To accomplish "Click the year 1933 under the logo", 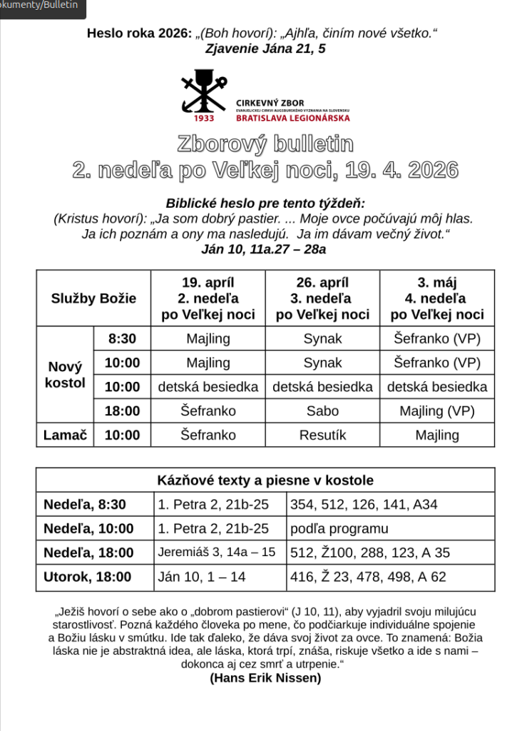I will click(x=203, y=119).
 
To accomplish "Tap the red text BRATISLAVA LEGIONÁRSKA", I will click(x=292, y=118).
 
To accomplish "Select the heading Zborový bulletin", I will click(x=265, y=143).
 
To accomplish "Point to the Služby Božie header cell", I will click(x=93, y=298).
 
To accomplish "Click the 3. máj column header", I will click(x=437, y=298).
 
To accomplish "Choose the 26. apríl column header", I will click(x=322, y=298).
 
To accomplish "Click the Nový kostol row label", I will click(x=65, y=375).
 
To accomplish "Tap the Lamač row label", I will click(x=65, y=435).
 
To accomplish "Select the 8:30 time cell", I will click(x=122, y=339).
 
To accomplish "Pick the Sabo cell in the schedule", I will click(x=322, y=411).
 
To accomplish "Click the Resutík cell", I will click(x=322, y=435).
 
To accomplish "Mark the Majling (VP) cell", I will click(x=437, y=411).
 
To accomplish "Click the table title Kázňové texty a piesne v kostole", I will click(x=265, y=480).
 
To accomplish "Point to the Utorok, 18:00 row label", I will click(x=88, y=577).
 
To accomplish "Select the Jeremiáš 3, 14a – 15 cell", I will click(x=217, y=553).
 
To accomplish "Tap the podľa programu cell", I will click(x=339, y=529).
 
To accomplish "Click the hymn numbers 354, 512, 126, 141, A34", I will click(x=364, y=505).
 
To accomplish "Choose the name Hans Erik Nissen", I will click(x=265, y=678).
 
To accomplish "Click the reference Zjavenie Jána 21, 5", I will click(x=265, y=49).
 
